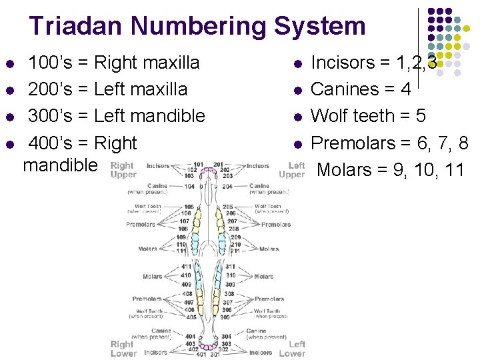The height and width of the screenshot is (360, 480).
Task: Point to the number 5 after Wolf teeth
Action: [420, 115]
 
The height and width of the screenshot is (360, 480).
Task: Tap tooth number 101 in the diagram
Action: [198, 163]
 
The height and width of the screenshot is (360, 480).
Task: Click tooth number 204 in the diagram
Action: [227, 187]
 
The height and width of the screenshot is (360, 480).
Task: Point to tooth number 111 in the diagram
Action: [181, 251]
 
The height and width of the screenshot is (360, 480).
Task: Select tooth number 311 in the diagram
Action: [231, 267]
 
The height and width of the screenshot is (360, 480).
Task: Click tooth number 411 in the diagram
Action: [186, 267]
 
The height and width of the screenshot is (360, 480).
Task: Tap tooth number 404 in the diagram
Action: [190, 336]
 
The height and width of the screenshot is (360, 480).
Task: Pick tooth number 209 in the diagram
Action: [235, 237]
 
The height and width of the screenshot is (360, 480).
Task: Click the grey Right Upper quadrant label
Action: [123, 170]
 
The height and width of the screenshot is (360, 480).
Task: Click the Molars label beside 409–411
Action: [152, 276]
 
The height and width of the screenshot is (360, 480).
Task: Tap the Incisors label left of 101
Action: [158, 165]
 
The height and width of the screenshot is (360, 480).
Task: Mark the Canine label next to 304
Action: [256, 331]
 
